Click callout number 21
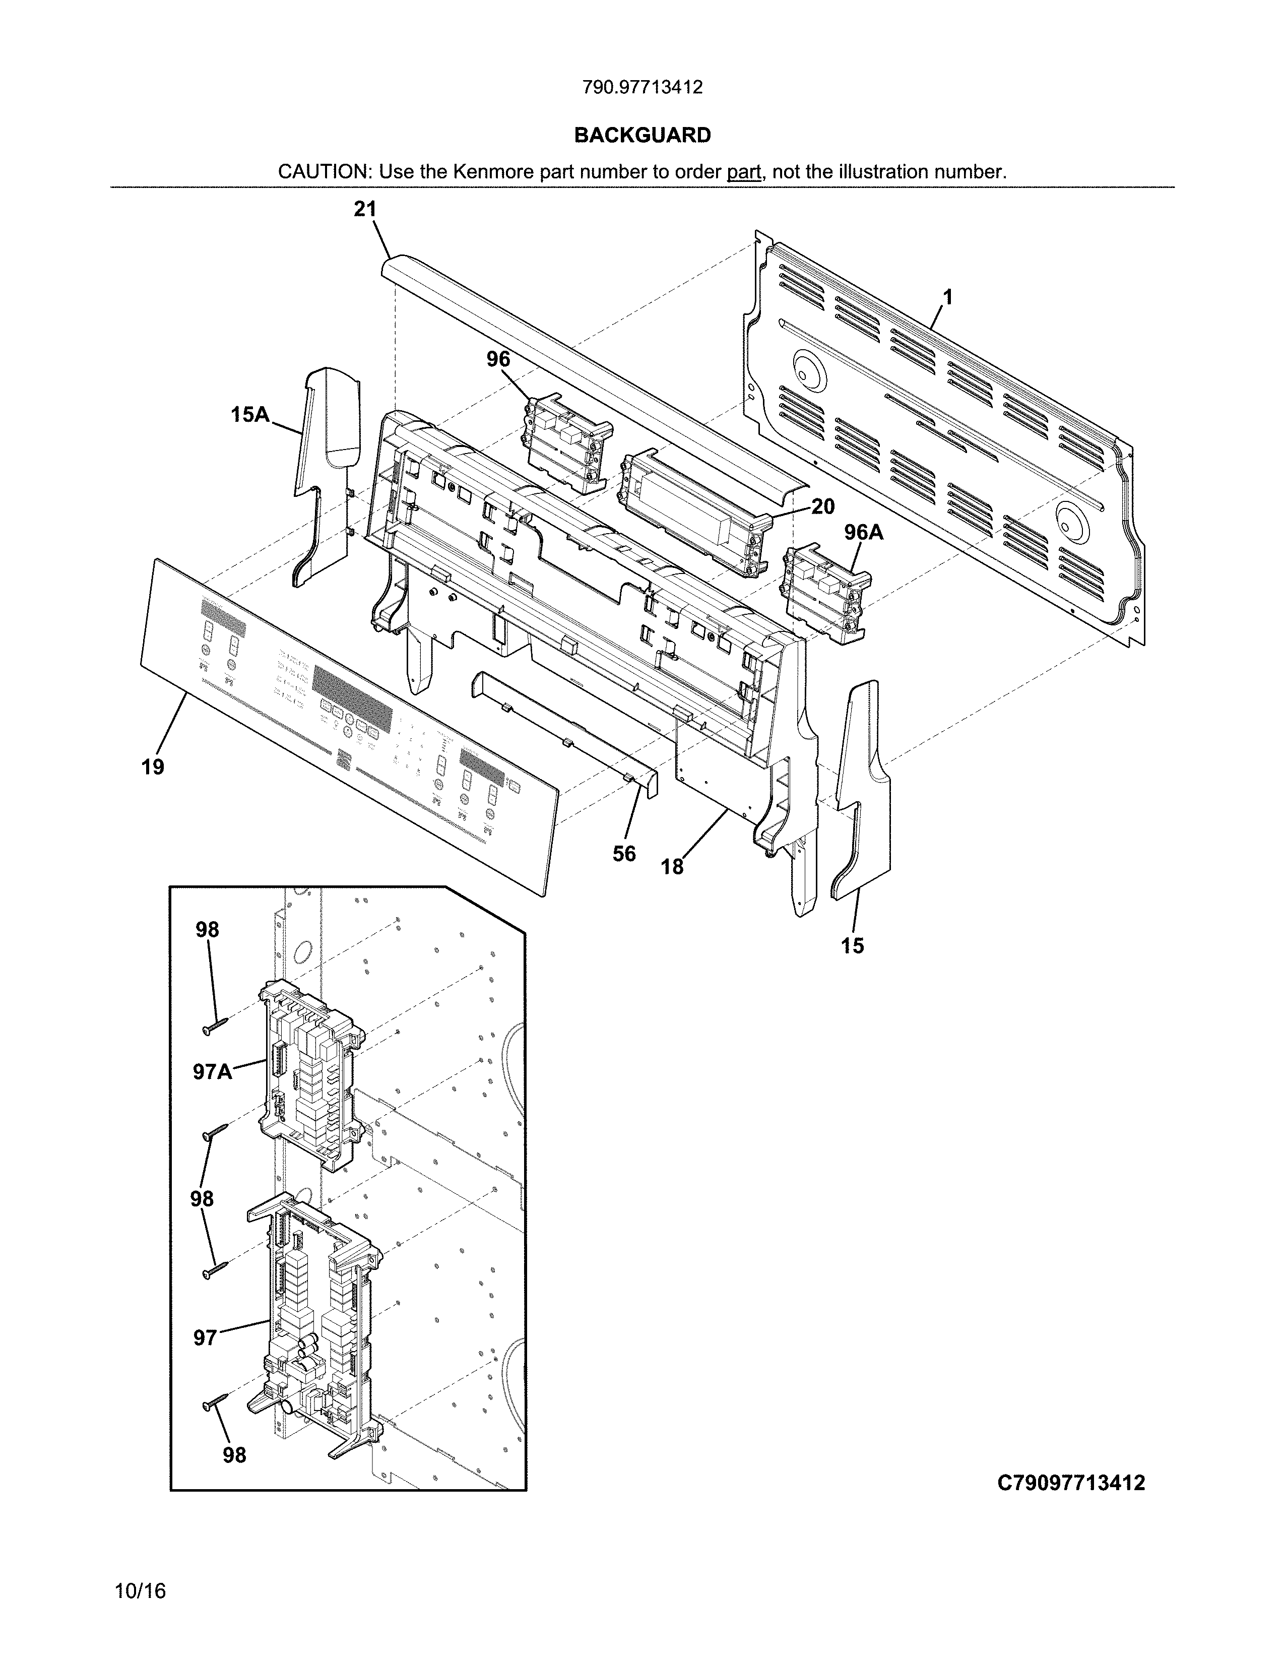pyautogui.click(x=365, y=210)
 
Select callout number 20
pyautogui.click(x=822, y=506)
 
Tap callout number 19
pyautogui.click(x=153, y=767)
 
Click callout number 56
pyautogui.click(x=624, y=854)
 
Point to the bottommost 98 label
pyautogui.click(x=234, y=1455)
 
